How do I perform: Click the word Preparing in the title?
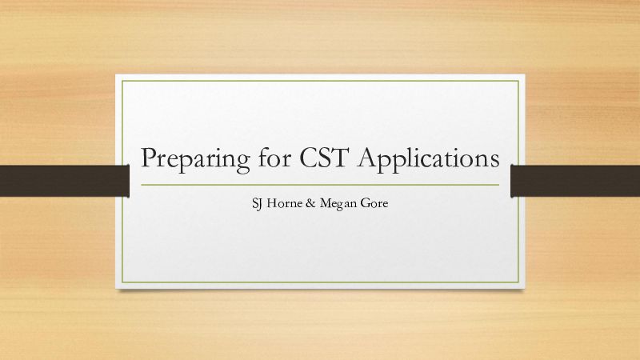click(x=195, y=160)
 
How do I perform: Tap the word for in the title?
click(x=274, y=157)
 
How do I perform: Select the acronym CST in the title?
click(x=325, y=158)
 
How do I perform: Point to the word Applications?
click(x=429, y=159)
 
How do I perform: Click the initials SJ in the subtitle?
click(x=257, y=203)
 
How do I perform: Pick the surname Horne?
click(x=285, y=203)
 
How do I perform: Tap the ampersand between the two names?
click(x=310, y=203)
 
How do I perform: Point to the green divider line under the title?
click(x=320, y=185)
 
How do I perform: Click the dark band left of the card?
click(x=65, y=181)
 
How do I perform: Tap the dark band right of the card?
click(x=575, y=181)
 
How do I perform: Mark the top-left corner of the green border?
click(x=122, y=81)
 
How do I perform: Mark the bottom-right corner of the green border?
click(x=518, y=282)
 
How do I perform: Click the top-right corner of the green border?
click(x=518, y=81)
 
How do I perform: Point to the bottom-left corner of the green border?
click(x=122, y=282)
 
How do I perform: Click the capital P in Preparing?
click(x=149, y=158)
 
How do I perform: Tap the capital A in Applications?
click(x=369, y=158)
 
